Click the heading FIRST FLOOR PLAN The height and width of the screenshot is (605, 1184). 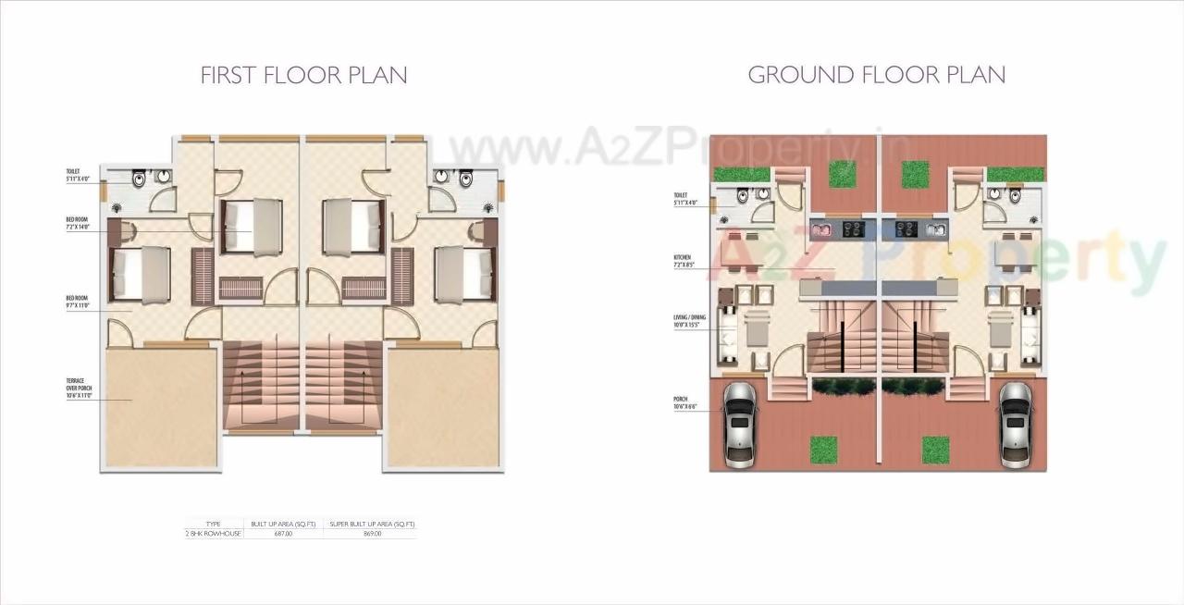click(x=303, y=75)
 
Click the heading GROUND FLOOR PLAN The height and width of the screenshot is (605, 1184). click(x=876, y=75)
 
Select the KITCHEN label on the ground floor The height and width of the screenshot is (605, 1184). click(x=683, y=262)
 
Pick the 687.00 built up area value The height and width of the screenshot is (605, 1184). click(x=283, y=534)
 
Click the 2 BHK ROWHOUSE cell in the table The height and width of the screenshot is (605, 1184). click(x=214, y=534)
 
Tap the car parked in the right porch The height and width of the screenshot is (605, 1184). click(x=1015, y=423)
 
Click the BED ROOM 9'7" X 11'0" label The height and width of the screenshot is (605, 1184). click(x=77, y=302)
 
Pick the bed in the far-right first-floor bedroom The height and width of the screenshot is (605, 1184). click(x=464, y=274)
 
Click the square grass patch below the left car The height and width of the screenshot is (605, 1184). click(x=823, y=450)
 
